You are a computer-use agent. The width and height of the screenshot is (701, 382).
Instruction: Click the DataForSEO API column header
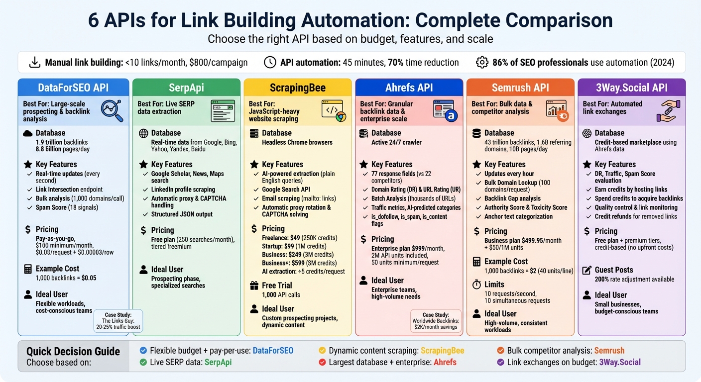coord(73,88)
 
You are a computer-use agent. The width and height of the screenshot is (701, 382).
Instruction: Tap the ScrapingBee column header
coord(297,88)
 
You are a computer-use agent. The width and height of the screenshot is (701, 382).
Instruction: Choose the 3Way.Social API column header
coord(631,88)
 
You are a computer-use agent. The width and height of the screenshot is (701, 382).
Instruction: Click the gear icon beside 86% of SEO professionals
coord(481,62)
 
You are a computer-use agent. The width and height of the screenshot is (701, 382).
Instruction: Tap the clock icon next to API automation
coord(270,62)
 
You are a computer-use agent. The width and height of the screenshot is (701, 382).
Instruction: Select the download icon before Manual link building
coord(35,62)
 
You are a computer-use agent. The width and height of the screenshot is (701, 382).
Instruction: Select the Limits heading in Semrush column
coord(494,285)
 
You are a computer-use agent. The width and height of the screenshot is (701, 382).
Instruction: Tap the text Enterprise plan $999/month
coord(408,248)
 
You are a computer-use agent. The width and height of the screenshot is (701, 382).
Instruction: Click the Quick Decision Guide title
coord(73,351)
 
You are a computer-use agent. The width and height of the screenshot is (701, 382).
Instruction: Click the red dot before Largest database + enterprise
coord(322,362)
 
